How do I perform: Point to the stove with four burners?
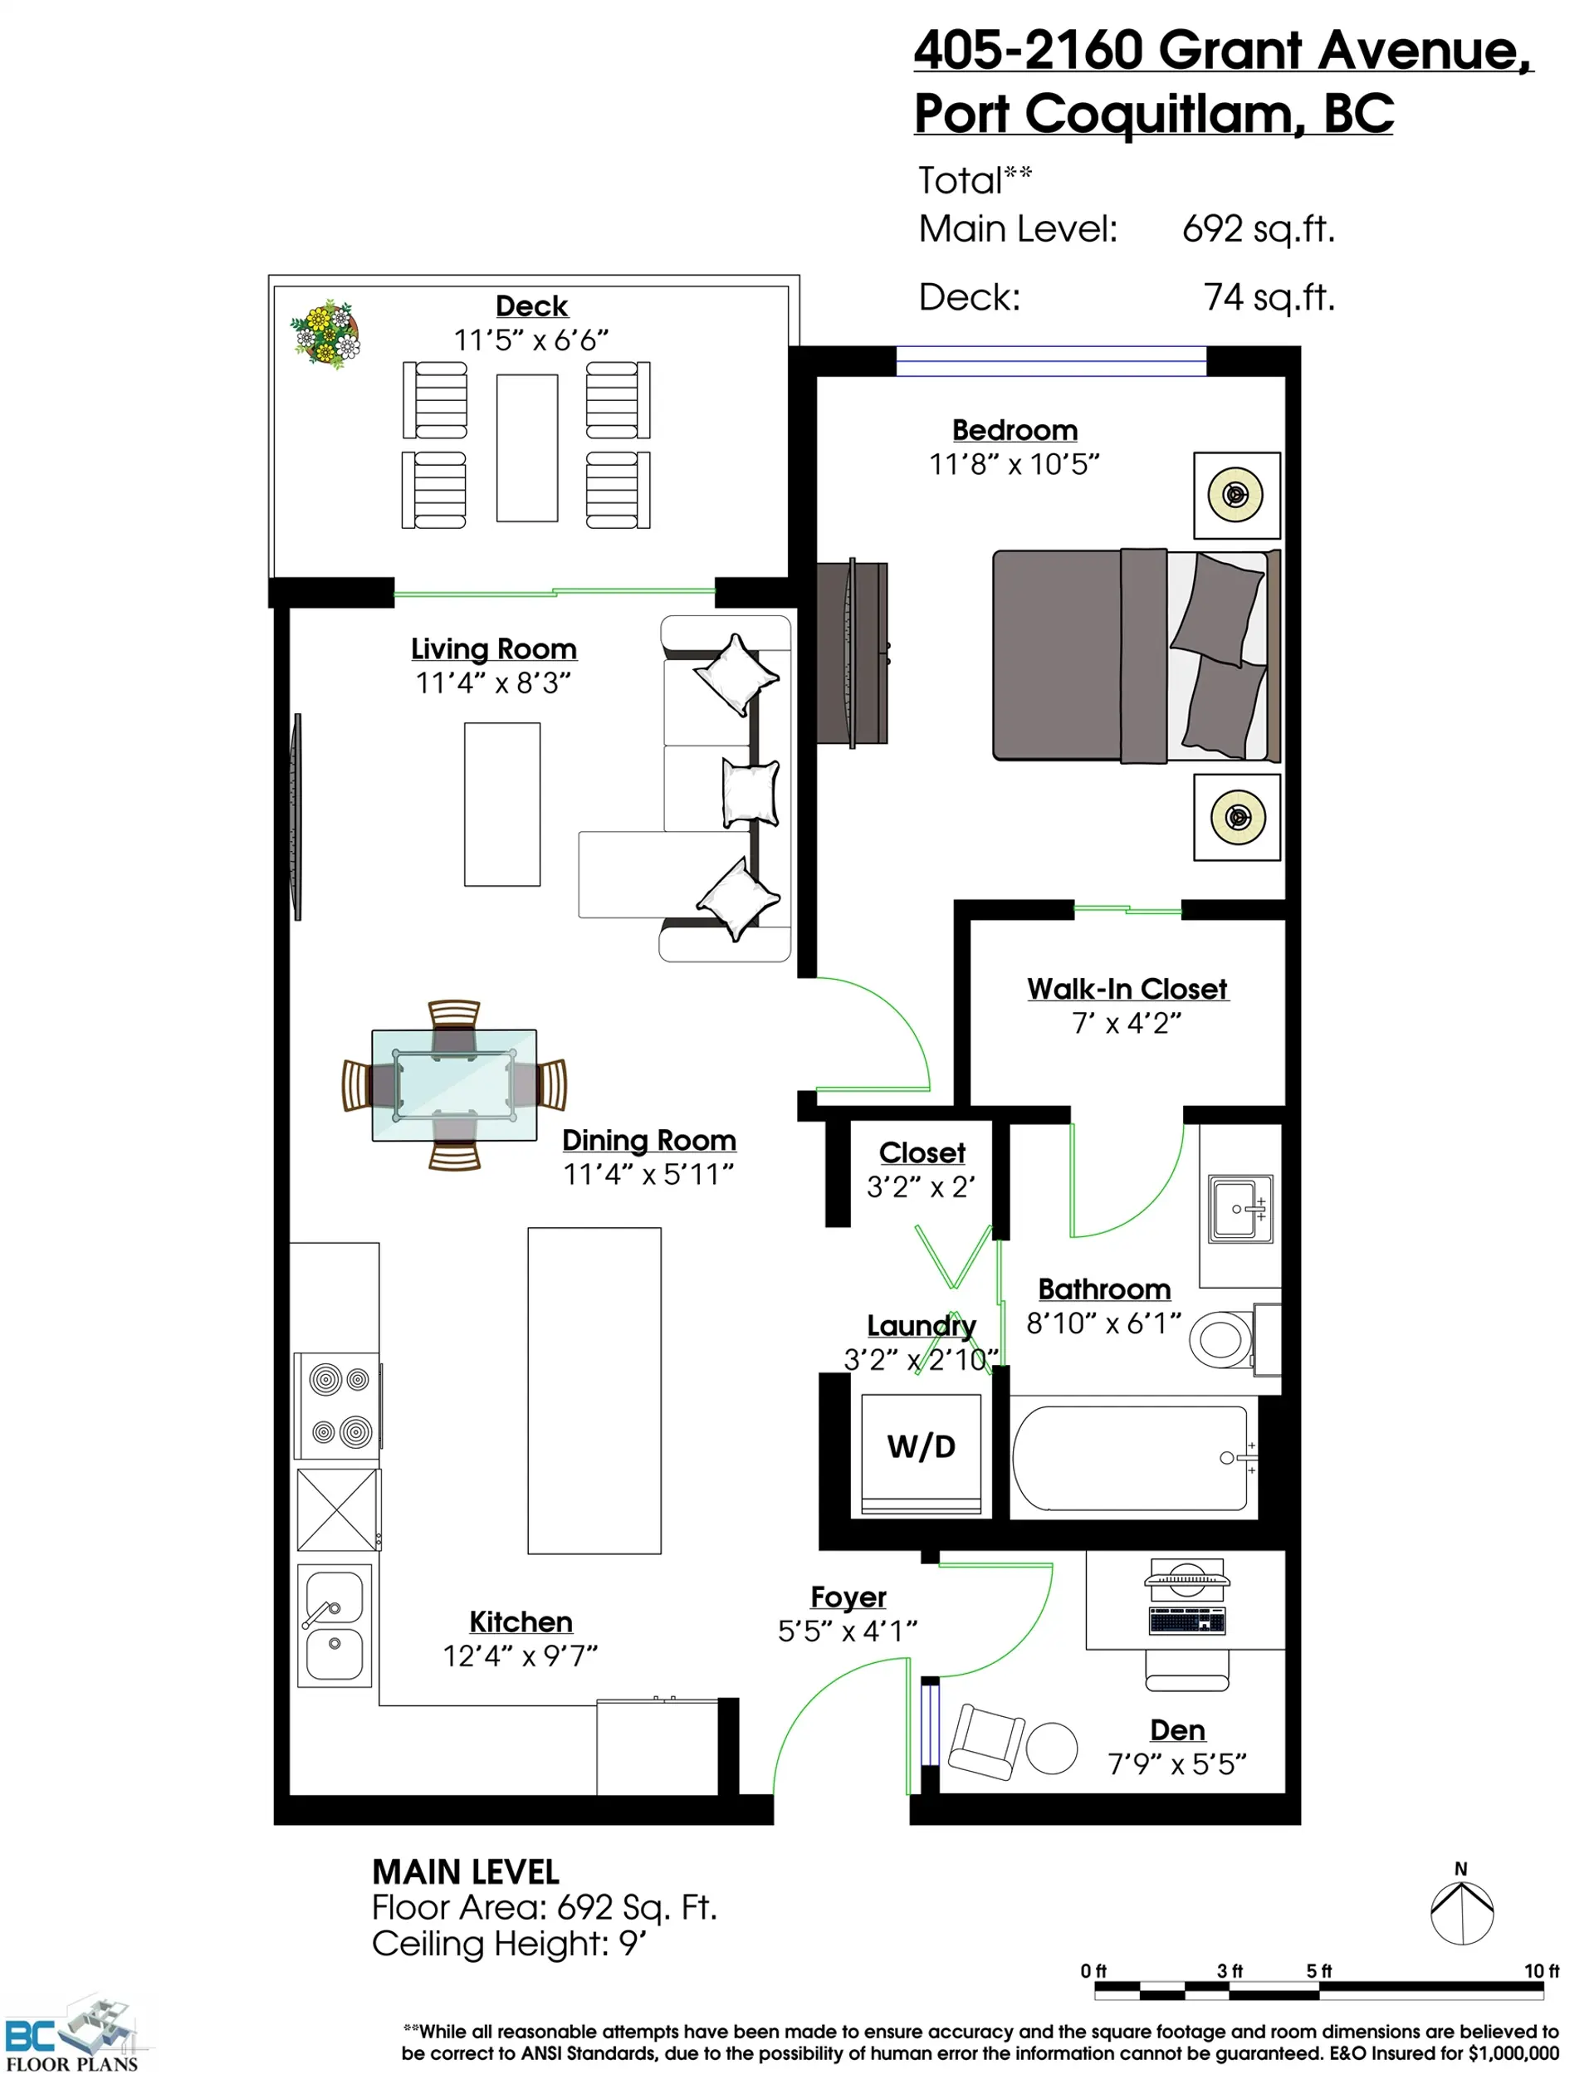coord(339,1405)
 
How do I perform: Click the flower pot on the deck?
coord(325,333)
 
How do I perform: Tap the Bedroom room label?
coord(1015,430)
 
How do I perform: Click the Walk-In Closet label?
coord(1127,989)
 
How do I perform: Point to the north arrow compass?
coord(1462,1913)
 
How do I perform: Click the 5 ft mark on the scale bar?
coord(1319,1970)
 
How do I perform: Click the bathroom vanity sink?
coord(1240,1209)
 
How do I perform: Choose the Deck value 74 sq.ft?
coord(1269,297)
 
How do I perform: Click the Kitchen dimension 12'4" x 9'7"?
coord(520,1656)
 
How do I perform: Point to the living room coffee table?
coord(502,805)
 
